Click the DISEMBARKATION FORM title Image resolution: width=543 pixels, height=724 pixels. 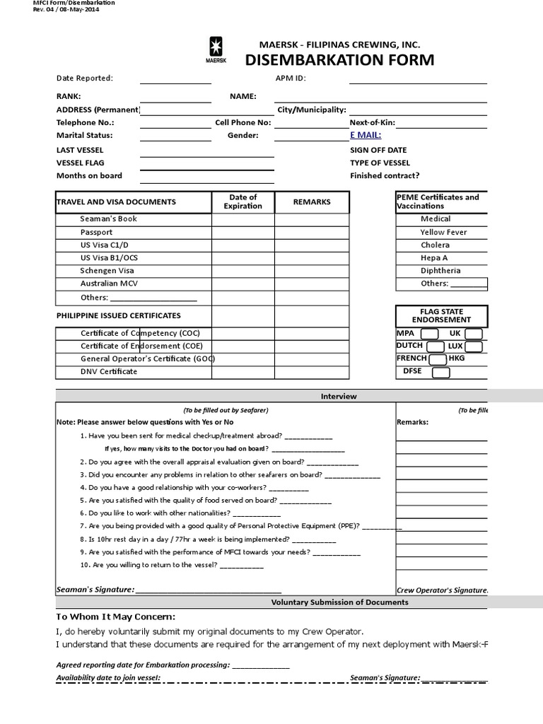click(x=339, y=60)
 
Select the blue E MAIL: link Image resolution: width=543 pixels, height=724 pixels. click(x=366, y=135)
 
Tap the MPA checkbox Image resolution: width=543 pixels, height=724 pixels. click(x=429, y=334)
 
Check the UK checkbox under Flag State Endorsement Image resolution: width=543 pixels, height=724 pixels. click(x=474, y=334)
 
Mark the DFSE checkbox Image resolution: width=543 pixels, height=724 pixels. click(x=440, y=372)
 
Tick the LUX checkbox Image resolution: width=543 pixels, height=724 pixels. click(x=474, y=346)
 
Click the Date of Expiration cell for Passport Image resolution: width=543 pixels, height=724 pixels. click(x=243, y=232)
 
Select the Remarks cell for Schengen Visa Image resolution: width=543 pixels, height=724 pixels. click(x=312, y=271)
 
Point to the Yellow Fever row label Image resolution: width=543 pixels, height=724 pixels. click(x=443, y=232)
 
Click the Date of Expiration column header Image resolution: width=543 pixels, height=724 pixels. click(x=243, y=202)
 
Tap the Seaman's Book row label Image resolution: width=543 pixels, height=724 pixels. click(x=108, y=219)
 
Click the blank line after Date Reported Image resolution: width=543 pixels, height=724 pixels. click(x=175, y=80)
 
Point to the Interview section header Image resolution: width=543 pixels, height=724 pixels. click(x=339, y=397)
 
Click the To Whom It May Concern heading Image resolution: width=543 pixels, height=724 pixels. click(x=116, y=617)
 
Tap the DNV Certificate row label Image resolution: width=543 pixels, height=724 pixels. click(x=109, y=372)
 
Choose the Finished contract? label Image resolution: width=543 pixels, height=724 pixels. click(x=384, y=175)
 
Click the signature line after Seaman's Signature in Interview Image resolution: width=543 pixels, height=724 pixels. click(x=208, y=590)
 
